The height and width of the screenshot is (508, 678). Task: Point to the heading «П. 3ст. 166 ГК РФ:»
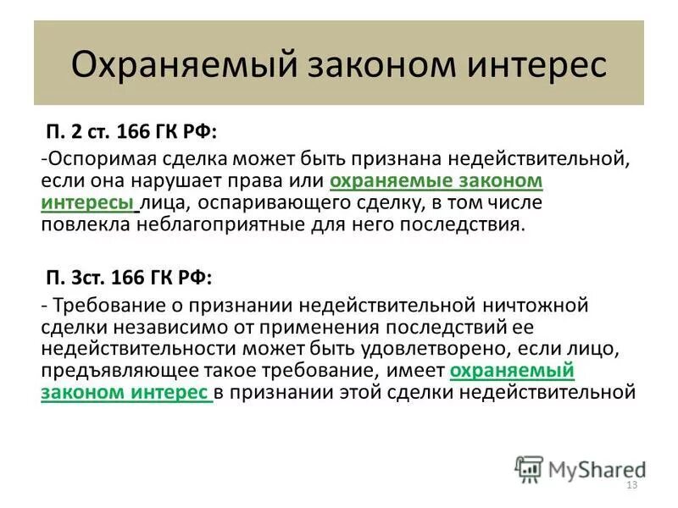(128, 279)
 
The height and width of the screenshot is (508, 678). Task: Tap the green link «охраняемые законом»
(436, 181)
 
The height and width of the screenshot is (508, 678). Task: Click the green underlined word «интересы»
(87, 203)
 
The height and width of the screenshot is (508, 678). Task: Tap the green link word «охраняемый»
(513, 371)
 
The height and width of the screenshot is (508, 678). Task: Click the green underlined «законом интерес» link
(125, 393)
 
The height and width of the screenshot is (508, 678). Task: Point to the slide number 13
(631, 486)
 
